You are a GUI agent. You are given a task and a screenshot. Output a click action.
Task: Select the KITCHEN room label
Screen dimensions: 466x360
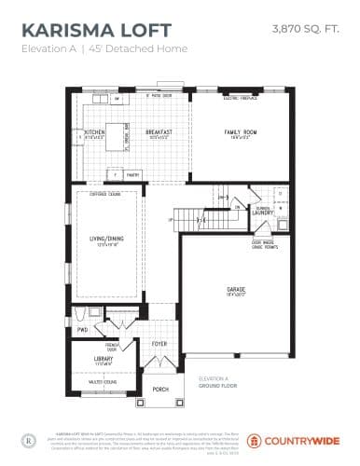tap(95, 132)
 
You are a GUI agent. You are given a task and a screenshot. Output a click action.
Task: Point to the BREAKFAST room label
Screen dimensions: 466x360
tap(159, 132)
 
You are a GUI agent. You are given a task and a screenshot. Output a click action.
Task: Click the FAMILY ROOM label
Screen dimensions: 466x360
tap(240, 132)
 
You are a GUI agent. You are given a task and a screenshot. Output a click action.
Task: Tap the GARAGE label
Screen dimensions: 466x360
tap(235, 290)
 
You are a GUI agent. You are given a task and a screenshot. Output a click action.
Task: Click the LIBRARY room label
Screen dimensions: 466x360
tap(103, 357)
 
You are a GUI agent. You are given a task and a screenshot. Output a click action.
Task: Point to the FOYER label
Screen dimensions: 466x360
tap(159, 343)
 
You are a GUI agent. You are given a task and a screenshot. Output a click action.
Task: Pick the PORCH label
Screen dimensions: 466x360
tap(160, 389)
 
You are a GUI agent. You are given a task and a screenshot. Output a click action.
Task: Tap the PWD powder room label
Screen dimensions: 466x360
tap(82, 330)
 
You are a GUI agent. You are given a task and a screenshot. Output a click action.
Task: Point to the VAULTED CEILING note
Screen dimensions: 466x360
tap(103, 381)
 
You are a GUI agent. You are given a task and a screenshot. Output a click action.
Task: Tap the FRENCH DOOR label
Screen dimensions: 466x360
tap(112, 347)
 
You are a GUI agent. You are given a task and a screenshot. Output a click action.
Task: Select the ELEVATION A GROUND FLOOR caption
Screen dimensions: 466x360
tap(216, 382)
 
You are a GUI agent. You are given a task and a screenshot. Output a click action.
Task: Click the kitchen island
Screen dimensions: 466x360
tap(117, 130)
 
